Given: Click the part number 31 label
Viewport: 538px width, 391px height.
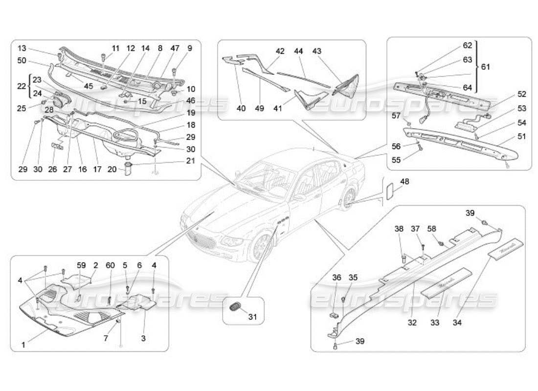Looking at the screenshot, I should click(252, 317).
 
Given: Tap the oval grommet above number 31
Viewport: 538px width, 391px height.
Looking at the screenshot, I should click(236, 306).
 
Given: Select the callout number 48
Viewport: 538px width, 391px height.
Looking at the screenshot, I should click(404, 181).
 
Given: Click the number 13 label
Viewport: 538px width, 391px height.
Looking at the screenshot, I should click(22, 48).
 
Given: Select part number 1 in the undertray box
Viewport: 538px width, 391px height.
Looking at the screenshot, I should click(22, 345).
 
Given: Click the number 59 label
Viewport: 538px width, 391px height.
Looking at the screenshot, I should click(81, 265).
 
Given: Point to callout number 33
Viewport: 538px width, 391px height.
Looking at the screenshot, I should click(435, 323).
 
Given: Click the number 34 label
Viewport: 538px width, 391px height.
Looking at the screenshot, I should click(457, 323).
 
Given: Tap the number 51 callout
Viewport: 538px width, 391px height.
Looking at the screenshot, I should click(522, 136).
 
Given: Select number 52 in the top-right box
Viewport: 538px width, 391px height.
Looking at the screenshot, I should click(522, 94).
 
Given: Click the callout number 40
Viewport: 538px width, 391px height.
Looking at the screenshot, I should click(241, 109).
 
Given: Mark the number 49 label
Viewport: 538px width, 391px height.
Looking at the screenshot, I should click(260, 109).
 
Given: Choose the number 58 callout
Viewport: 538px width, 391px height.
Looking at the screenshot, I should click(431, 228).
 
